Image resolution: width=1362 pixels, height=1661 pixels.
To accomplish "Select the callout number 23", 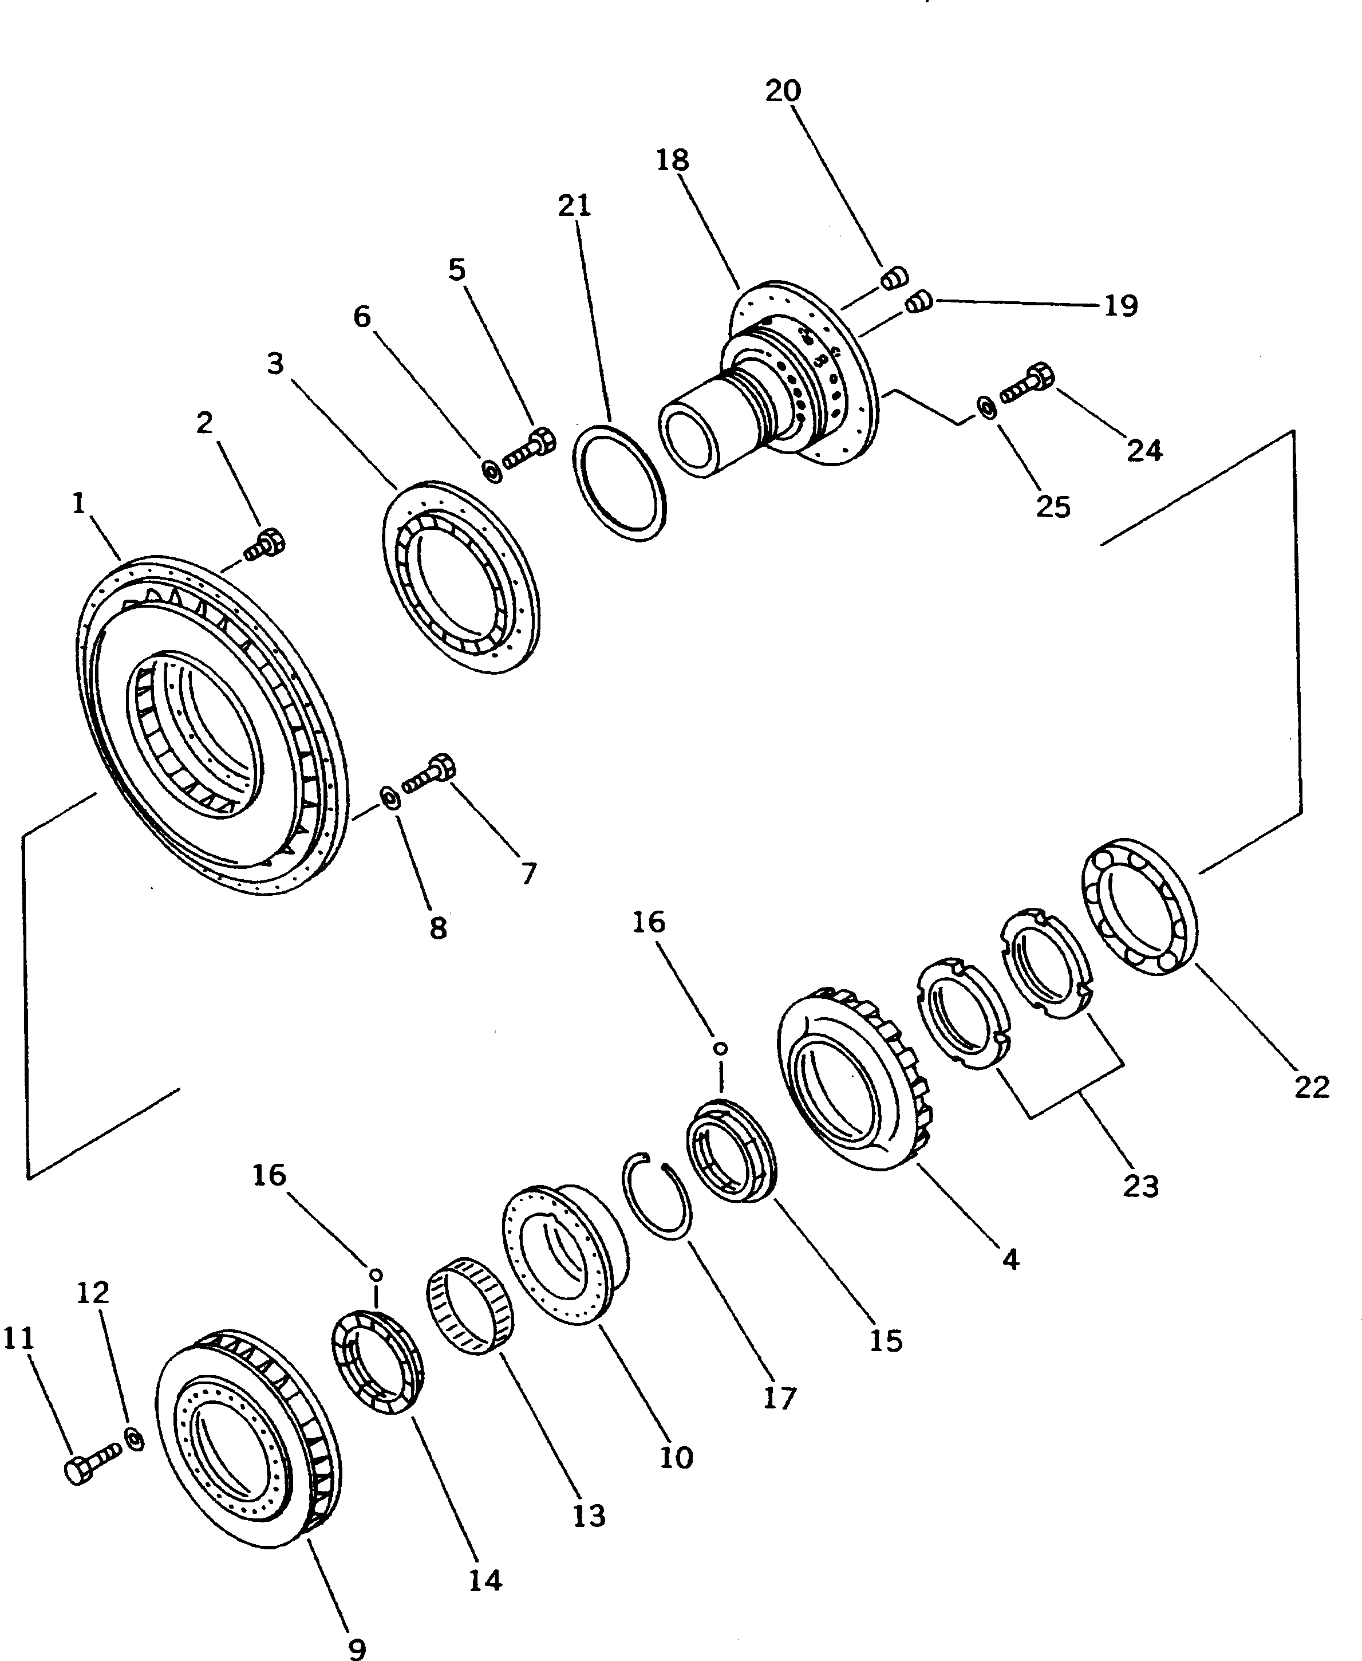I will [x=1140, y=1186].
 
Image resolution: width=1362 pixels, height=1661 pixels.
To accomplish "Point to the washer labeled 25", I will [x=986, y=407].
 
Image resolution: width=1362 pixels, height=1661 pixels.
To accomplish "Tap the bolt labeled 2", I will [x=265, y=545].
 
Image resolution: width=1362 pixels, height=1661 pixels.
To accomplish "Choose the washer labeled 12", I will [x=135, y=1439].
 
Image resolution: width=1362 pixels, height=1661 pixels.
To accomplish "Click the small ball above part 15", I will [x=721, y=1049].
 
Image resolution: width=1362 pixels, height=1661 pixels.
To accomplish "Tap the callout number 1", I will [x=78, y=503].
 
